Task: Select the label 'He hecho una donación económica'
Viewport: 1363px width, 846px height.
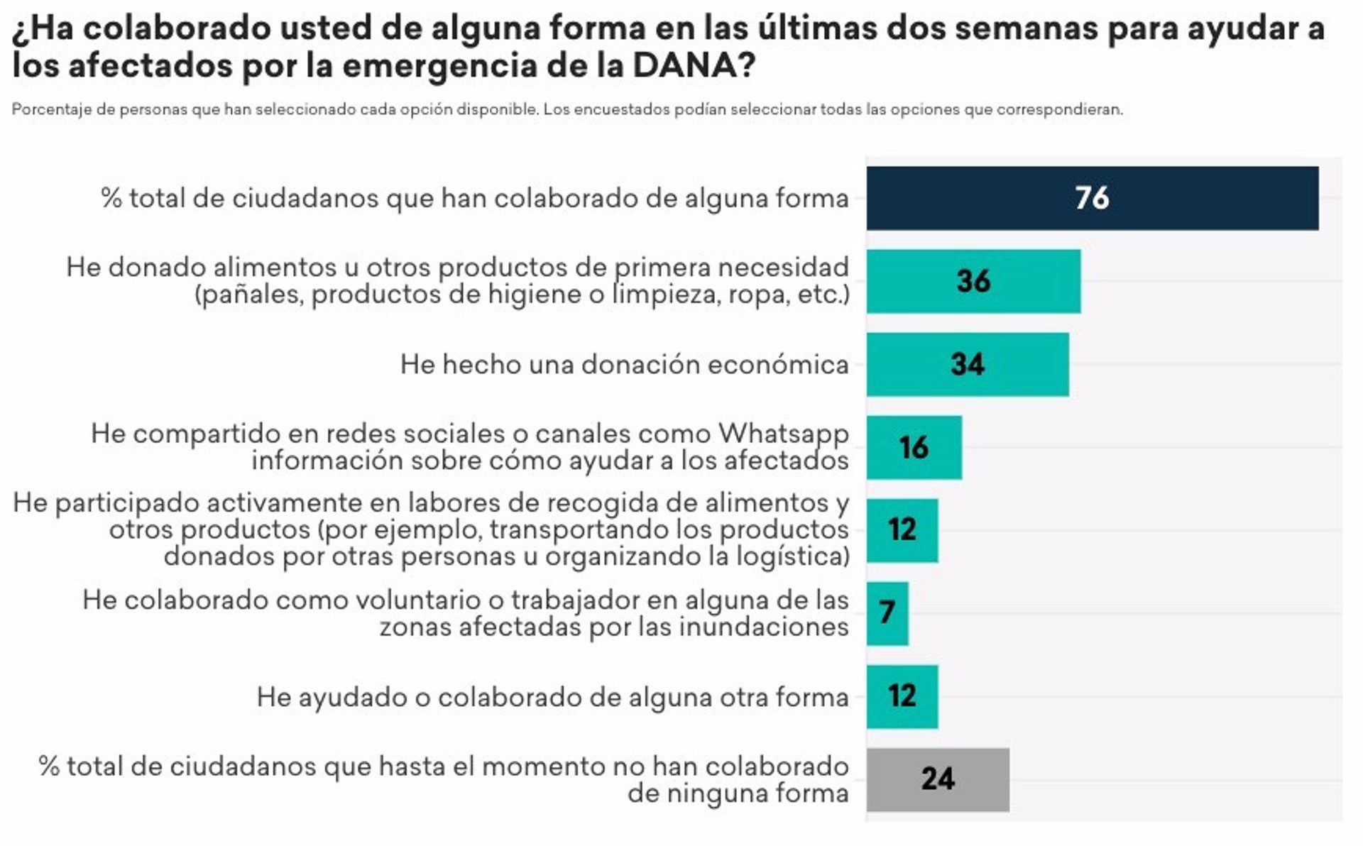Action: tap(624, 365)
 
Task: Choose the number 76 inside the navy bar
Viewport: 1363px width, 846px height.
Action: tap(1092, 198)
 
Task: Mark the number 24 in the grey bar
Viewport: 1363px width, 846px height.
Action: tap(938, 779)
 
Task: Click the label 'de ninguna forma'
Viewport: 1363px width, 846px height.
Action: tap(738, 793)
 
